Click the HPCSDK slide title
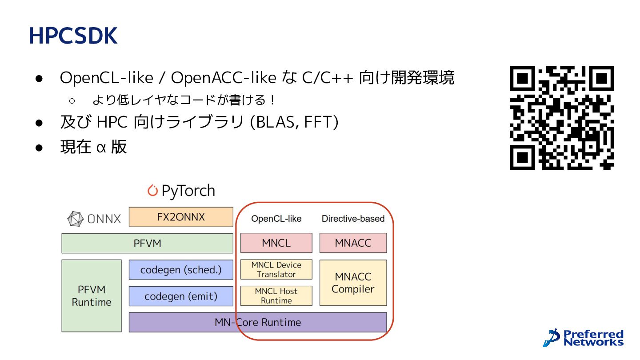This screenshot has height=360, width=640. click(73, 36)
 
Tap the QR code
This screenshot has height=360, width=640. click(562, 118)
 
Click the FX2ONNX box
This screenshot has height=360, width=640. click(181, 217)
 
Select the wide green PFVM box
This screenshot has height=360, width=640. click(148, 244)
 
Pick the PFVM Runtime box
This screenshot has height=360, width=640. click(92, 296)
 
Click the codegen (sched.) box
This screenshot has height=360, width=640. click(181, 270)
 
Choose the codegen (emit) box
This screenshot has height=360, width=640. click(181, 296)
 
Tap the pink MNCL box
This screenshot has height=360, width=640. click(276, 243)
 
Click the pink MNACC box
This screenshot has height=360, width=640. click(353, 243)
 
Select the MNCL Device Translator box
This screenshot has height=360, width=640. click(276, 269)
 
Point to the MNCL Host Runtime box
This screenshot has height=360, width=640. click(276, 296)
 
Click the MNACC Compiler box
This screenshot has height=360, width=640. click(353, 283)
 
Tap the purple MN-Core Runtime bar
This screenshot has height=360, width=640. click(258, 322)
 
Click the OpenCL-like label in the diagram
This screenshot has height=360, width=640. click(276, 219)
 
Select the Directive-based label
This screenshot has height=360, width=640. click(353, 219)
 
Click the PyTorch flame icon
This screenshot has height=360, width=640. click(152, 190)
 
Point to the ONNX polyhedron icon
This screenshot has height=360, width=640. click(76, 219)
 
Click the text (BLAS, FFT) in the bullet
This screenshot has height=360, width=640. click(294, 122)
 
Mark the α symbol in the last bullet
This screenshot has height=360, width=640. click(101, 148)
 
